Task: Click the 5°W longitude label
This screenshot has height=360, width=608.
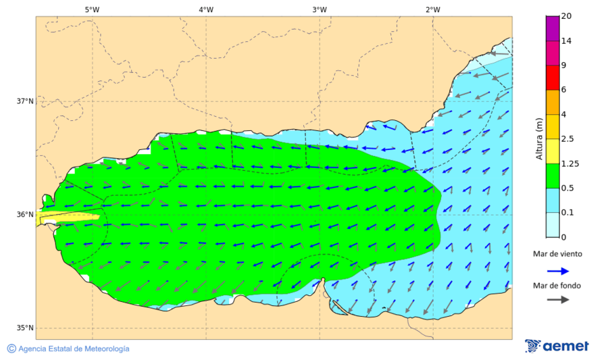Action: [92, 9]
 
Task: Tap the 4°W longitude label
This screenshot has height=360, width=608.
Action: [206, 9]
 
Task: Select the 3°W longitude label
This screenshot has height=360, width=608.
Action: [320, 9]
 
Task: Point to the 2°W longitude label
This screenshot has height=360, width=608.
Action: [433, 9]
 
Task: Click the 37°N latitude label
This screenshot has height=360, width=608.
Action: [25, 101]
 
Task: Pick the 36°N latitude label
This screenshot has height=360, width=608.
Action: [25, 215]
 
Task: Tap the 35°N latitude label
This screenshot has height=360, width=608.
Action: [25, 328]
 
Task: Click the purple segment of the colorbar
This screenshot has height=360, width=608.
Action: [553, 28]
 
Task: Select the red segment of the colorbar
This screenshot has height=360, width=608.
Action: [553, 77]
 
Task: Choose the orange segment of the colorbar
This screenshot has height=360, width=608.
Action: [553, 102]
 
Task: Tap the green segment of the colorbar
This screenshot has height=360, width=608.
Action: [553, 176]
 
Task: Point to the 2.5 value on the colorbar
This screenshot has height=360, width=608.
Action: [568, 139]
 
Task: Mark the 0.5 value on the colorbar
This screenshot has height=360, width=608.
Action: [568, 188]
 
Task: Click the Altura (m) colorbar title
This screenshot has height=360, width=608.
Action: [539, 138]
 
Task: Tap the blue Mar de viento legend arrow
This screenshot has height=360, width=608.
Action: [557, 270]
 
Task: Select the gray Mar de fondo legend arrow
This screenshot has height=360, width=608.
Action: [557, 299]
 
